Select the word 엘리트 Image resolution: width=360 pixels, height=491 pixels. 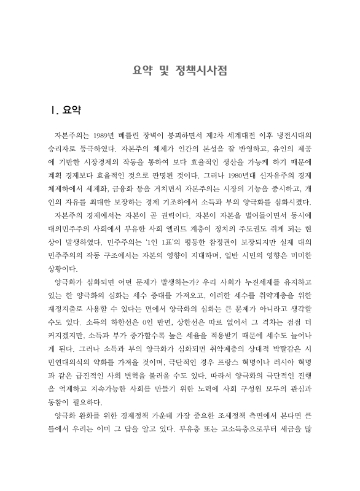[176, 231]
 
